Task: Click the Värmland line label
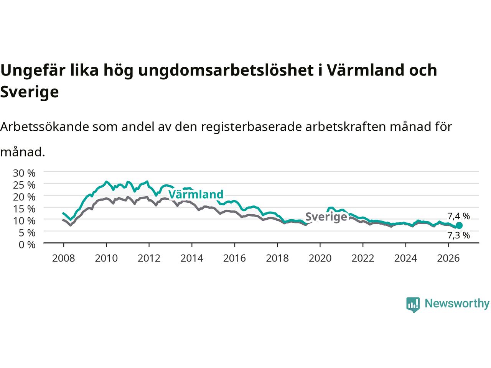coord(196,194)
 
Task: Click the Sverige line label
coord(326,217)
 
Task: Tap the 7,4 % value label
coord(458,216)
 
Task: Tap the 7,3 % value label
coord(458,235)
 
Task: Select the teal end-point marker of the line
coord(459,225)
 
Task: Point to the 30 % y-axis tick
coord(24,173)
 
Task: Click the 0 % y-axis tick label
coord(27,245)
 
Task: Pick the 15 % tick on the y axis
coord(24,209)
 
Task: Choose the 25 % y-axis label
coord(24,185)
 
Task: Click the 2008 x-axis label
coord(64,258)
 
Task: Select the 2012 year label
coord(149,258)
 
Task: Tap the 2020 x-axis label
coord(320,258)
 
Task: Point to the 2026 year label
coord(448,258)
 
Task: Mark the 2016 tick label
coord(234,258)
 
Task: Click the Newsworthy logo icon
coord(413,305)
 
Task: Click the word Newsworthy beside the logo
coord(457,304)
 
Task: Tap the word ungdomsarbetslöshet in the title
coord(226,71)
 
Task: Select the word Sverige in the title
coord(30,92)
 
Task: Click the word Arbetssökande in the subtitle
coord(44,127)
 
